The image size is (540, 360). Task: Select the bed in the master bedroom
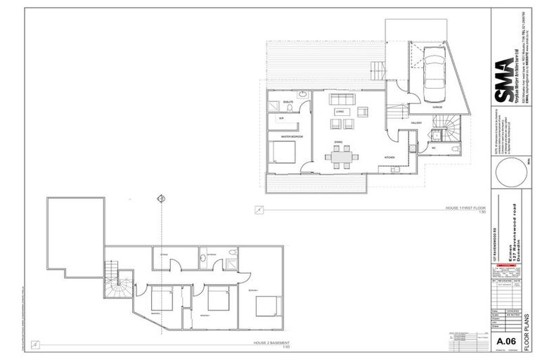(x=283, y=151)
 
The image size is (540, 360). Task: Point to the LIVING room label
(x=339, y=111)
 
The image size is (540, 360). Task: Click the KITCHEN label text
(x=389, y=156)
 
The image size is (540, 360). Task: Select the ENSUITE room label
(x=288, y=103)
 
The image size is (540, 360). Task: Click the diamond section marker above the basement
(x=161, y=200)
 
